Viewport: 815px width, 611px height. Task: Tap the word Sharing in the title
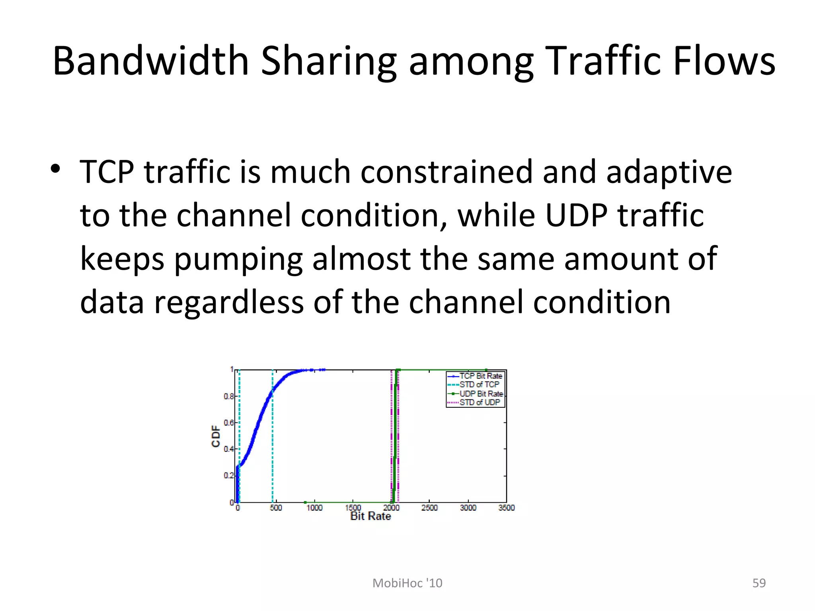click(x=328, y=62)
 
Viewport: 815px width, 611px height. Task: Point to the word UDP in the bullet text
click(x=576, y=215)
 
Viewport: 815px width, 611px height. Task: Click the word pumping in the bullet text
click(x=238, y=260)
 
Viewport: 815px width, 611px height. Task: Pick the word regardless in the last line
click(x=228, y=302)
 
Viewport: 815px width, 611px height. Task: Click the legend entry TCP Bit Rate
click(x=481, y=376)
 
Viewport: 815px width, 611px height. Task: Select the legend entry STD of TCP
click(x=479, y=385)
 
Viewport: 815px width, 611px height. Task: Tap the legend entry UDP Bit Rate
click(x=481, y=394)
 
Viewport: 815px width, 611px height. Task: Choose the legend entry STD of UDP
click(x=480, y=403)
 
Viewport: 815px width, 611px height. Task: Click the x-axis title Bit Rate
click(x=370, y=516)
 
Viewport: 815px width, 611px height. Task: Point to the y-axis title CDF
click(x=216, y=436)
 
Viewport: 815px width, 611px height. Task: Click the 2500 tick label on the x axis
click(x=429, y=508)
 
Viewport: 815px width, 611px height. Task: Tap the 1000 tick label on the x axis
click(x=314, y=508)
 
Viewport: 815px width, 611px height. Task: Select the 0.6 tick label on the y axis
click(x=228, y=422)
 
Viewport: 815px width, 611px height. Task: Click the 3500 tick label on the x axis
click(x=506, y=508)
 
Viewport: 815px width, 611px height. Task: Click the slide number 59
click(x=759, y=583)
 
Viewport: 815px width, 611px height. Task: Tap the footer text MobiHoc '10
click(x=407, y=583)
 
